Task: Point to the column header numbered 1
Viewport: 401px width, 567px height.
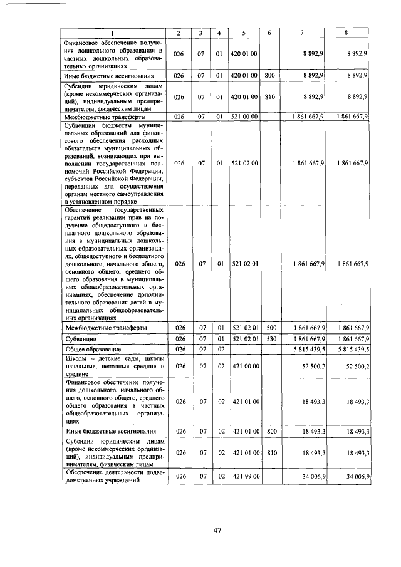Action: (113, 33)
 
